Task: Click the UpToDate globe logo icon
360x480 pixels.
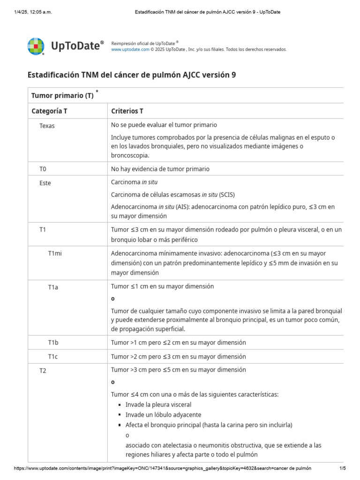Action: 36,46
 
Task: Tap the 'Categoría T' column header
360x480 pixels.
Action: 49,111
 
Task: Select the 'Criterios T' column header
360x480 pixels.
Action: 127,111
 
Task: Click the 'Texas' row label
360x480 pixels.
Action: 47,126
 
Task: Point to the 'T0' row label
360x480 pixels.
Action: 43,169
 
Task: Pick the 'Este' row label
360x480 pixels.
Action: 45,183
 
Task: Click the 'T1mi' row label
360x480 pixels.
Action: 55,253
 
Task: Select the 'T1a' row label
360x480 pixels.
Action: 53,287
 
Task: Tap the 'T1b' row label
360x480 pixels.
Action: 53,343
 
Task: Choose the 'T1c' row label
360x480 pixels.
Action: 53,357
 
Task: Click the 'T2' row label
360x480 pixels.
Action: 43,371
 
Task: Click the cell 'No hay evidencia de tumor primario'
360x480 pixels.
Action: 160,169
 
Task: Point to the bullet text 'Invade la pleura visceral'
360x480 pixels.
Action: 158,405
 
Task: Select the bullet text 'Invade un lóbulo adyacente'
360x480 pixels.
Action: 163,415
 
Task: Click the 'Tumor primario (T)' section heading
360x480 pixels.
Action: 62,96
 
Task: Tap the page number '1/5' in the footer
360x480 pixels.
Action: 342,468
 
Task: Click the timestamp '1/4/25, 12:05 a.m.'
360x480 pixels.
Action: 33,12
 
